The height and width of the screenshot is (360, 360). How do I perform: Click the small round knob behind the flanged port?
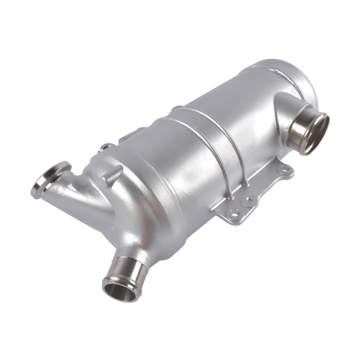(106, 146)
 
